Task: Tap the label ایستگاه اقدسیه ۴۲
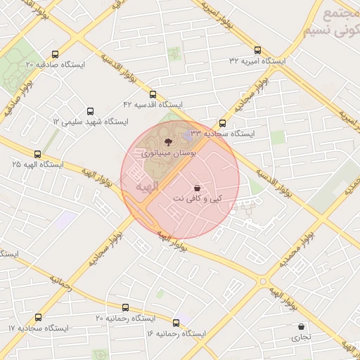pyautogui.click(x=153, y=104)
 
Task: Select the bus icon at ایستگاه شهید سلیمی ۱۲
pyautogui.click(x=89, y=111)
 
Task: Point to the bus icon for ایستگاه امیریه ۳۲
pyautogui.click(x=258, y=51)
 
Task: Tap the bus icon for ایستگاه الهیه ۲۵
pyautogui.click(x=38, y=153)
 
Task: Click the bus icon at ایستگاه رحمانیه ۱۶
pyautogui.click(x=176, y=323)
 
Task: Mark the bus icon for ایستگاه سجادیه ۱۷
pyautogui.click(x=38, y=318)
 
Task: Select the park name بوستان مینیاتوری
pyautogui.click(x=169, y=152)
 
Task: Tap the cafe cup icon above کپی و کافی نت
pyautogui.click(x=196, y=188)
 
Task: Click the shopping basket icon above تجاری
pyautogui.click(x=302, y=327)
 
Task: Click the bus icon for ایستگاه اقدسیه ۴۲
pyautogui.click(x=153, y=94)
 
